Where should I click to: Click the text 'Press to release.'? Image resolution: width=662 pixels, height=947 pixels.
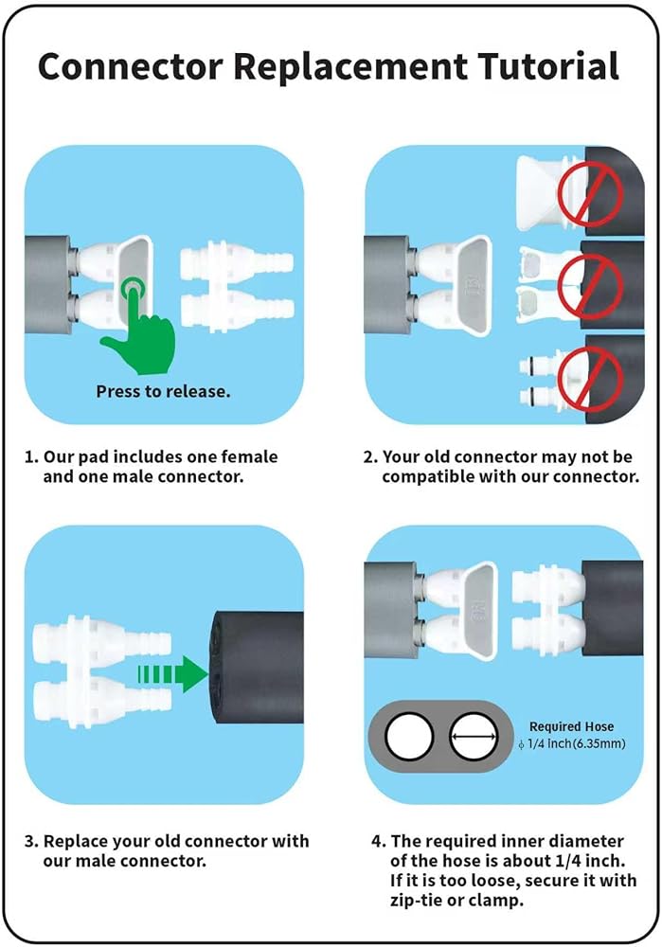click(163, 391)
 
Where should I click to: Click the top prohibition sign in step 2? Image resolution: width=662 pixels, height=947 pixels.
click(589, 192)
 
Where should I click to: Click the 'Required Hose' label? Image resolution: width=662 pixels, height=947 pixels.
click(571, 726)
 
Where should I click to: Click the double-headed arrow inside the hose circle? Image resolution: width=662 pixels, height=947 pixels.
click(474, 737)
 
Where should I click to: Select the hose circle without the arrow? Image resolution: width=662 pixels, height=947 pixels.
click(409, 737)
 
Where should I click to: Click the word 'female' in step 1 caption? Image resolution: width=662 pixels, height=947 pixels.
click(249, 456)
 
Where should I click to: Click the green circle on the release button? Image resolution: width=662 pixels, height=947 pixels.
click(133, 291)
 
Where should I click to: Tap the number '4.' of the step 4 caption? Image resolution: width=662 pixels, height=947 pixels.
click(378, 841)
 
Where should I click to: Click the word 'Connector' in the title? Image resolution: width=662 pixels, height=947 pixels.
click(130, 66)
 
